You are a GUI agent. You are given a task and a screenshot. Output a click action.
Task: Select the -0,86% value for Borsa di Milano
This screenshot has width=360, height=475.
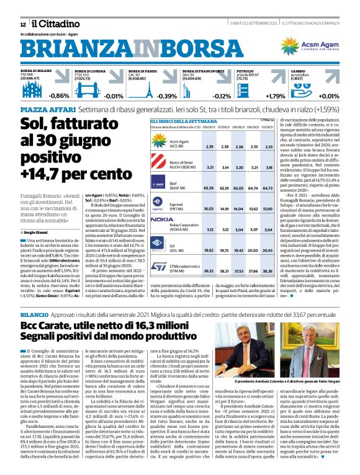point(58,95)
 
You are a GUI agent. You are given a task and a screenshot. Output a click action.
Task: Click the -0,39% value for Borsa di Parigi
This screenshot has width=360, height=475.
point(166,95)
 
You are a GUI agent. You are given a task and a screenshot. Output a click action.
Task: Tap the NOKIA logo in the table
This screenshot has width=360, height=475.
point(161,220)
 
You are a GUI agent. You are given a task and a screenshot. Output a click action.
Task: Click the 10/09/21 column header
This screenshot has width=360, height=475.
point(268,128)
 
